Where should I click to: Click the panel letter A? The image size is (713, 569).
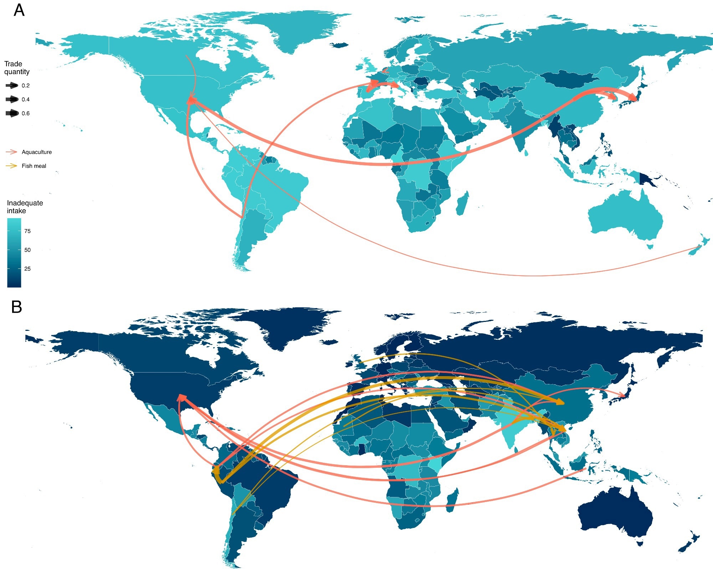click(x=19, y=10)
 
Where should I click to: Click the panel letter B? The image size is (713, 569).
click(x=17, y=307)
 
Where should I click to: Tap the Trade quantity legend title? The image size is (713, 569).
click(x=16, y=68)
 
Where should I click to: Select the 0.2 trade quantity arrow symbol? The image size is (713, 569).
click(x=12, y=86)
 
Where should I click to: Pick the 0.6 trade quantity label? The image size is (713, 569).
click(x=26, y=113)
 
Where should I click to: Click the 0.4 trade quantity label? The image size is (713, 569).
click(x=26, y=99)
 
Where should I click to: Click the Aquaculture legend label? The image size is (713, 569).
click(x=36, y=152)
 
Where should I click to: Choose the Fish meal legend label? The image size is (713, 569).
click(x=34, y=166)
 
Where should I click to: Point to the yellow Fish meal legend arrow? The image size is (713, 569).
click(x=11, y=166)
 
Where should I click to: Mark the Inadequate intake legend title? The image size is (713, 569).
click(x=25, y=207)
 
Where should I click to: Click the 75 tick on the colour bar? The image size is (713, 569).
click(x=27, y=231)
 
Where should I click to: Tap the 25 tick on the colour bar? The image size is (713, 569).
click(x=27, y=269)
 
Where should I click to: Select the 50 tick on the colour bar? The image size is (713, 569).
click(x=27, y=250)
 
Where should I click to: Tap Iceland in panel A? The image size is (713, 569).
click(x=339, y=45)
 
